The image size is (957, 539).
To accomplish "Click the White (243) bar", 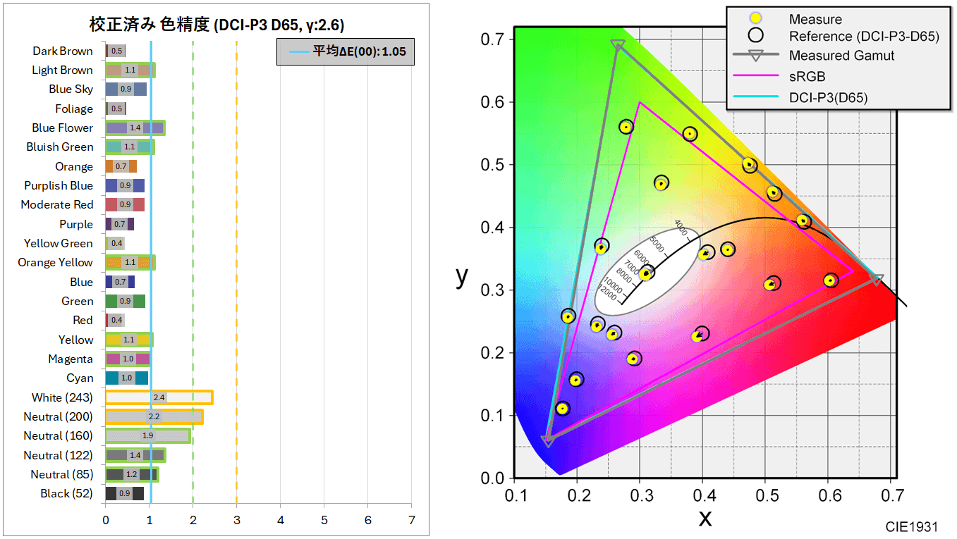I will click(159, 397).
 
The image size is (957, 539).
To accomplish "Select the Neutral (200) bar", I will click(154, 416).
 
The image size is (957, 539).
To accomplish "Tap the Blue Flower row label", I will click(62, 128).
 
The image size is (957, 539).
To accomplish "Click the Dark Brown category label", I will click(62, 51).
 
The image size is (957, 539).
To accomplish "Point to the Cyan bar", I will click(127, 378).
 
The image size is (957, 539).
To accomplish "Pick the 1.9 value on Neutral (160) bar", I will click(148, 435).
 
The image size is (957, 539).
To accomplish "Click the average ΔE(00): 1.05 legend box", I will click(345, 51).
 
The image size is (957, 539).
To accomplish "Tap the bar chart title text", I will click(217, 25).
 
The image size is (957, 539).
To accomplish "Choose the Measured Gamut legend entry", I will click(841, 55).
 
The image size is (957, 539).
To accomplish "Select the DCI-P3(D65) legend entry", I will click(828, 97).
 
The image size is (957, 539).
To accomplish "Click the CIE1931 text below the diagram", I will click(912, 526).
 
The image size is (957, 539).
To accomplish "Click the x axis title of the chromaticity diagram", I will click(705, 518).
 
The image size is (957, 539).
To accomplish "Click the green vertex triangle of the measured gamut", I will click(618, 46).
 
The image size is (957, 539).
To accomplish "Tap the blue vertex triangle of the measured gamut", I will click(547, 441).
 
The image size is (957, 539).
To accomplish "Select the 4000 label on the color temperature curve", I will click(681, 228).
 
